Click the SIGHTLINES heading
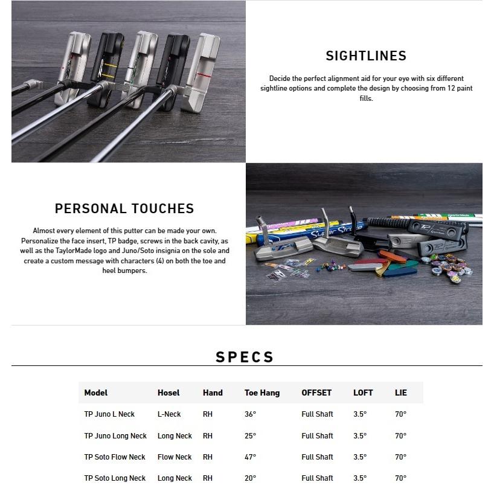[366, 56]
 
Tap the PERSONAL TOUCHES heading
[124, 209]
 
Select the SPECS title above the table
[245, 358]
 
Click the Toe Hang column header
[262, 393]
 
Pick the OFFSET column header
[316, 393]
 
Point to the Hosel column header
[168, 393]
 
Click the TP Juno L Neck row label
[109, 414]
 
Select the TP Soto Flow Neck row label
[115, 457]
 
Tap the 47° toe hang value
[251, 457]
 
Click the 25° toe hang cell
[251, 436]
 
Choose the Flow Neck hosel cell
[175, 457]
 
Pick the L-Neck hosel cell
[169, 414]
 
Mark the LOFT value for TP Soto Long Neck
[360, 478]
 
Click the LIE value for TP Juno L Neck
[400, 414]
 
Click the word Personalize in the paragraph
[52, 241]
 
